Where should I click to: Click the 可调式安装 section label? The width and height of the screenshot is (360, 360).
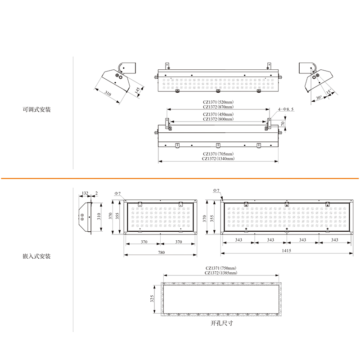(x=36, y=109)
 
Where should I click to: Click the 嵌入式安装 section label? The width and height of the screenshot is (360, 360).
(x=36, y=256)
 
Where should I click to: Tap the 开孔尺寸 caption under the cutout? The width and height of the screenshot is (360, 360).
(x=222, y=323)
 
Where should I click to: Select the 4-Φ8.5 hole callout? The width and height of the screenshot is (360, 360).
(x=286, y=109)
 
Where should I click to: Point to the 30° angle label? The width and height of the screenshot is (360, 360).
(x=319, y=98)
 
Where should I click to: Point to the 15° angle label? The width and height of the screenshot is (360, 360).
(x=329, y=91)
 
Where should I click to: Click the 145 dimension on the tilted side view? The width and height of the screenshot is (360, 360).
(x=137, y=90)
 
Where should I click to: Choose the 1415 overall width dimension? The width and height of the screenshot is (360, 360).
(x=286, y=251)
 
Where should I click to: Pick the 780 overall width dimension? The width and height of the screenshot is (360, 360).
(x=161, y=252)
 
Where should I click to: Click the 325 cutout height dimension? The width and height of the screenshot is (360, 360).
(x=152, y=298)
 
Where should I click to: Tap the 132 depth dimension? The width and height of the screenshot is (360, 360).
(x=85, y=193)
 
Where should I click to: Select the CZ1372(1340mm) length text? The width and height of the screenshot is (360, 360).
(x=218, y=159)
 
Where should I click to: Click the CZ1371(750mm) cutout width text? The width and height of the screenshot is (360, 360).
(x=221, y=268)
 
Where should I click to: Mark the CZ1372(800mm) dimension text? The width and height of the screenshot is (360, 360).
(x=218, y=119)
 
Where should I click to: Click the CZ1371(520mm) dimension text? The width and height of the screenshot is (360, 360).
(x=218, y=102)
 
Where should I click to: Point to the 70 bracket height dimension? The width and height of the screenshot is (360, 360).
(x=283, y=123)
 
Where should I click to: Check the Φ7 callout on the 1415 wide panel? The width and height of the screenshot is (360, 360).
(x=216, y=190)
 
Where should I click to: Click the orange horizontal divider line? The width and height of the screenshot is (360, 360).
(x=180, y=178)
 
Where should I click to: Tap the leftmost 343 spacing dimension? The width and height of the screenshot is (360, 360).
(x=238, y=240)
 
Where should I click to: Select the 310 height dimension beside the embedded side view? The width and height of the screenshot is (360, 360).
(x=99, y=216)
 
